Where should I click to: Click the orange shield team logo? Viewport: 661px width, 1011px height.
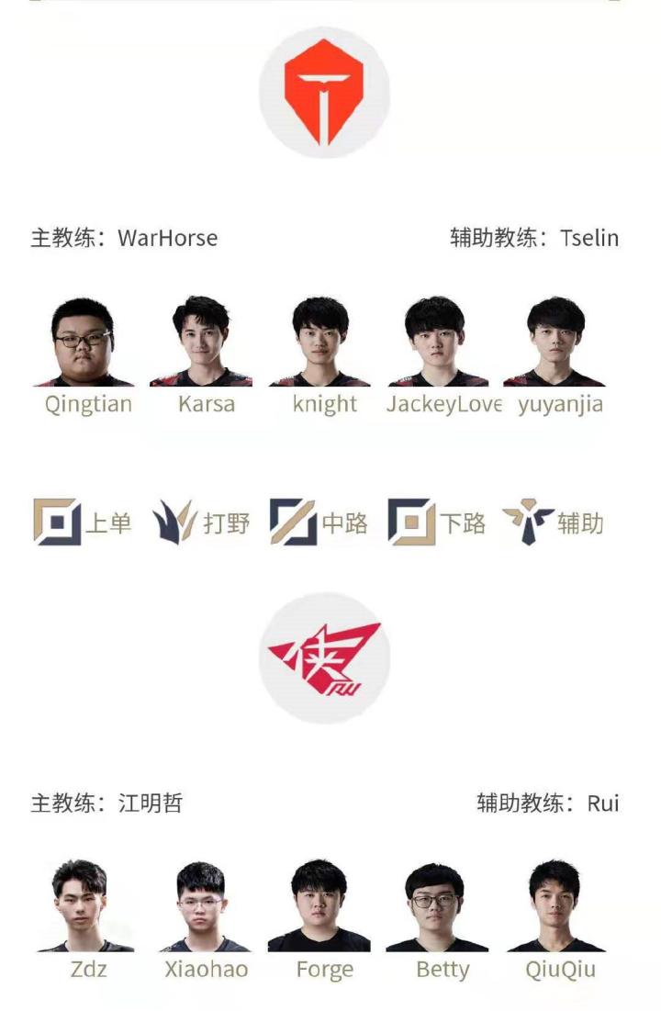pyautogui.click(x=324, y=93)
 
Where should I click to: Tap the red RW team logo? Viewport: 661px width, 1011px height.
pyautogui.click(x=324, y=657)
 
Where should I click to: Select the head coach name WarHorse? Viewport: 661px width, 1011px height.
pyautogui.click(x=168, y=239)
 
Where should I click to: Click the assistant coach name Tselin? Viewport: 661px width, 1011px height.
pyautogui.click(x=589, y=239)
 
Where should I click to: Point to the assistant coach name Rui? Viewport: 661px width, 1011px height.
pyautogui.click(x=603, y=803)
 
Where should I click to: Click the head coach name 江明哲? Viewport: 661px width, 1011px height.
pyautogui.click(x=151, y=803)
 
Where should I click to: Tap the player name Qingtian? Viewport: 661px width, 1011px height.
pyautogui.click(x=88, y=405)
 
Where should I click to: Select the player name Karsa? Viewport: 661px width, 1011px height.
pyautogui.click(x=207, y=405)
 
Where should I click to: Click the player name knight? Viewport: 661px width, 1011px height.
pyautogui.click(x=325, y=405)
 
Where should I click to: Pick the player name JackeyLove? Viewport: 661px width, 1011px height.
pyautogui.click(x=443, y=405)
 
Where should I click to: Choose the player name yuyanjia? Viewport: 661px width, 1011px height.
pyautogui.click(x=560, y=405)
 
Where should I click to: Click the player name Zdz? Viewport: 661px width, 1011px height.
pyautogui.click(x=88, y=970)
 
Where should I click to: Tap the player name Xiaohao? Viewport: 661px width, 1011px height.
pyautogui.click(x=207, y=970)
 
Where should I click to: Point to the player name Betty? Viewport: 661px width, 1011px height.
pyautogui.click(x=443, y=970)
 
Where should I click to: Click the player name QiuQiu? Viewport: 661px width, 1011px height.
pyautogui.click(x=559, y=970)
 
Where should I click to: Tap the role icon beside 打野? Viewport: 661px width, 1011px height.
pyautogui.click(x=174, y=522)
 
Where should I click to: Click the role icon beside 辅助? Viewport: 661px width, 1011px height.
pyautogui.click(x=528, y=522)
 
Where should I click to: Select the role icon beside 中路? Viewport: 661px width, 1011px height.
pyautogui.click(x=293, y=522)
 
